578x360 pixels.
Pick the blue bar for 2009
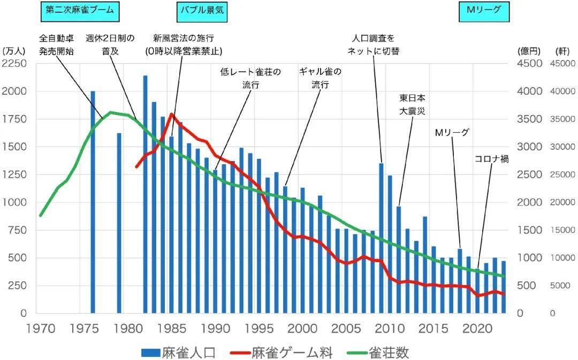tap(382, 238)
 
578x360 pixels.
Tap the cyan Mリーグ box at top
tap(484, 10)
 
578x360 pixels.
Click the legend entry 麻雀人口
tap(179, 353)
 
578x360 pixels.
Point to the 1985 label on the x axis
tap(172, 327)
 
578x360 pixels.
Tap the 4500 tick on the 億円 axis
tap(530, 64)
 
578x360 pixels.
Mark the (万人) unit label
tap(14, 51)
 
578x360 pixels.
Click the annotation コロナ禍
tap(491, 159)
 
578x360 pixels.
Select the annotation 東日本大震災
tap(413, 105)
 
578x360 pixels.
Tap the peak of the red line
tap(171, 114)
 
